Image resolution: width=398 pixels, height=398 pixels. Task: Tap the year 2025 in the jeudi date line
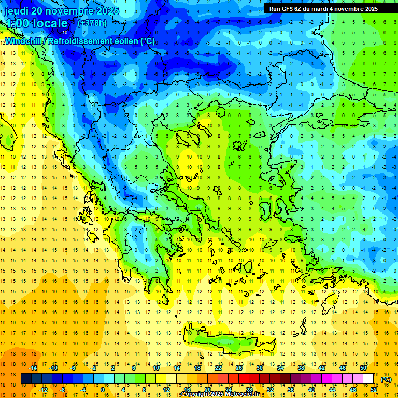(106, 11)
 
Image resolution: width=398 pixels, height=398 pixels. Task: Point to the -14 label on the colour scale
(33, 367)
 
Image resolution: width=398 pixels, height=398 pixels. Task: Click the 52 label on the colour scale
(374, 390)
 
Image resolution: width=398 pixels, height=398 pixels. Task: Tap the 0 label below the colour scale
(102, 390)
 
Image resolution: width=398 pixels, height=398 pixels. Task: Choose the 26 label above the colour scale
(239, 367)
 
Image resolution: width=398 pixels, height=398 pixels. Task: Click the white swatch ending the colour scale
(368, 379)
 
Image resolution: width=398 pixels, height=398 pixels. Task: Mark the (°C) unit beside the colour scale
(386, 379)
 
